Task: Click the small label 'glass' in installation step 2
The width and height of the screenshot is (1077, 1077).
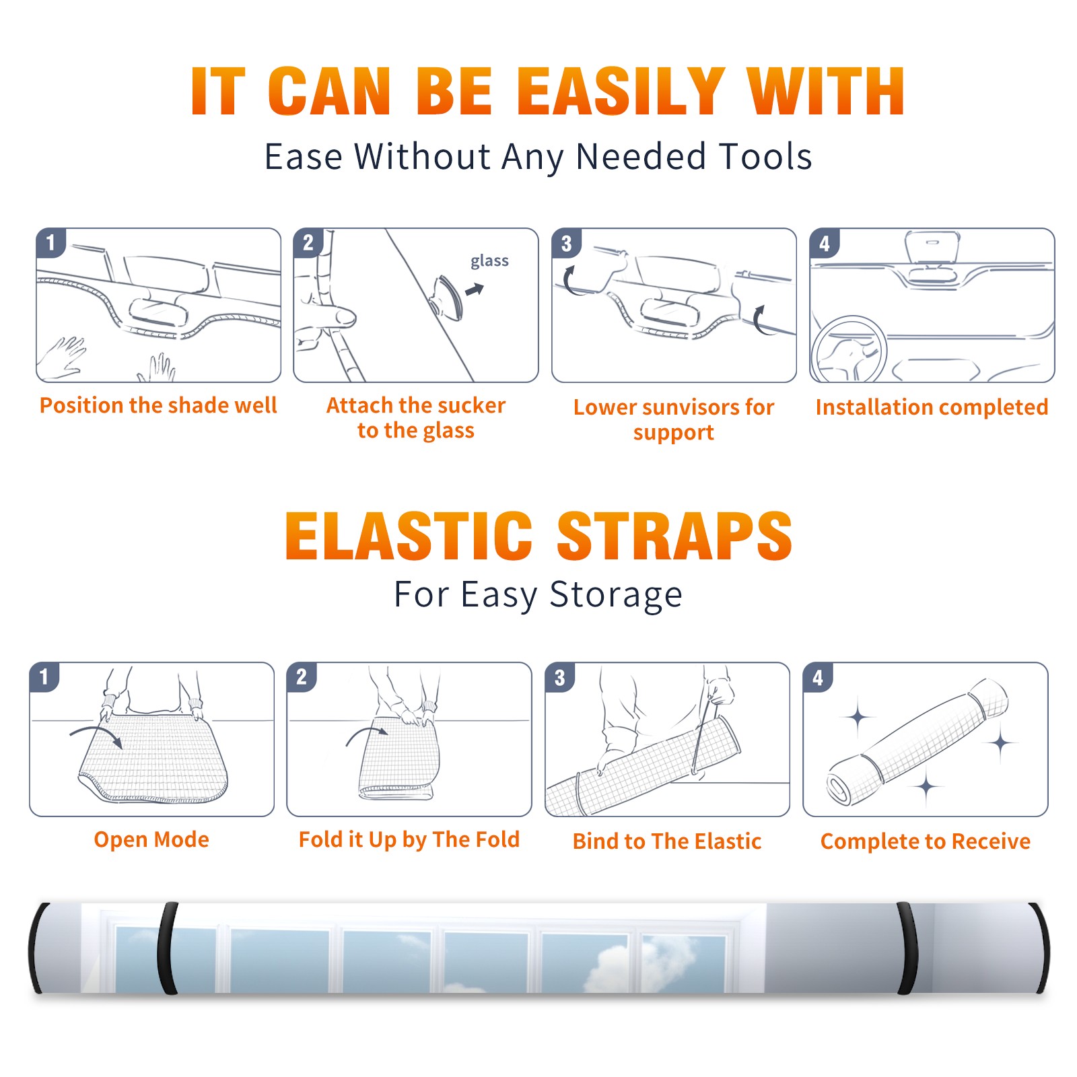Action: pyautogui.click(x=489, y=261)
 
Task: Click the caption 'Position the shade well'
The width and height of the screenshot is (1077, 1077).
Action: pyautogui.click(x=158, y=405)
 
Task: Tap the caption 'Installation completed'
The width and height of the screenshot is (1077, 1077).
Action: pyautogui.click(x=932, y=407)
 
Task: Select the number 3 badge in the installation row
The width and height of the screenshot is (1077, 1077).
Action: pyautogui.click(x=566, y=243)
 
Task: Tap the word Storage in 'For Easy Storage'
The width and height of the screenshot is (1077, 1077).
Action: pyautogui.click(x=615, y=595)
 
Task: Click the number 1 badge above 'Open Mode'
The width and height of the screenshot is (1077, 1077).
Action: pyautogui.click(x=44, y=676)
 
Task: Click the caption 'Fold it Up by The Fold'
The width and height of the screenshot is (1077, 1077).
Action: pyautogui.click(x=409, y=839)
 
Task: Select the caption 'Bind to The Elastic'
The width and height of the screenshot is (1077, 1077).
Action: pyautogui.click(x=667, y=841)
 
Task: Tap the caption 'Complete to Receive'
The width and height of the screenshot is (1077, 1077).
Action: pyautogui.click(x=926, y=841)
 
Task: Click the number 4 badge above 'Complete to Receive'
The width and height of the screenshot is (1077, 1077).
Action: pyautogui.click(x=817, y=677)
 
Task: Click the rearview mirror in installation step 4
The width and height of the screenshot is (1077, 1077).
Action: pyautogui.click(x=932, y=248)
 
